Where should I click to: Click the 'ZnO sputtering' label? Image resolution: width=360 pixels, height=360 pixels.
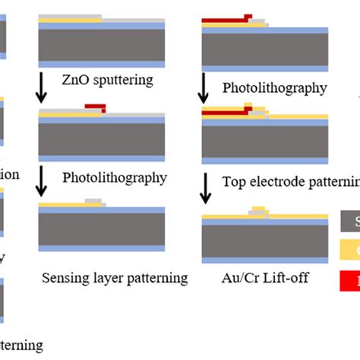107,80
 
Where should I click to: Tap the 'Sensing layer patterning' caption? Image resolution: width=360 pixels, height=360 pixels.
115,277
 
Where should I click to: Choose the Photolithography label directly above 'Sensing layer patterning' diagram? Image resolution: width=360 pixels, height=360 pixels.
115,178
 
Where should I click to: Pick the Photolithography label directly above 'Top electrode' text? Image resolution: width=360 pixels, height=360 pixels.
274,87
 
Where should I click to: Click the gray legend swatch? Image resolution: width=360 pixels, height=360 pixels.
349,222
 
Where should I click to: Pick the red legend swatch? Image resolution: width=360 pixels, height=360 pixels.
349,280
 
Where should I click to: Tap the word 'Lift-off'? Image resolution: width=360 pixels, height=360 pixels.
278,277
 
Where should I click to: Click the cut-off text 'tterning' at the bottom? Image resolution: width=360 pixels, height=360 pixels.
21,346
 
